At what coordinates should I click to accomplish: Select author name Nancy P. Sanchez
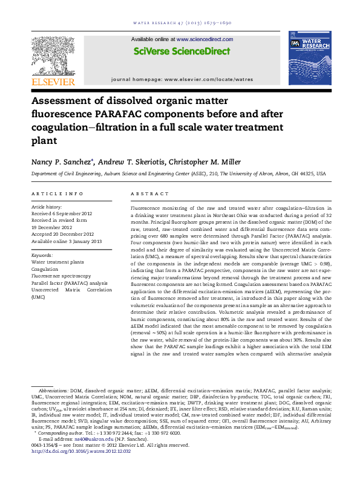pyautogui.click(x=60, y=162)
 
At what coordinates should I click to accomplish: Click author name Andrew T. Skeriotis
pyautogui.click(x=132, y=162)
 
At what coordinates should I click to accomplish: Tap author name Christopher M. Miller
pyautogui.click(x=208, y=162)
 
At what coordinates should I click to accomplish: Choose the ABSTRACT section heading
pyautogui.click(x=150, y=193)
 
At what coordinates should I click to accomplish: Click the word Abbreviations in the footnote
pyautogui.click(x=53, y=392)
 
